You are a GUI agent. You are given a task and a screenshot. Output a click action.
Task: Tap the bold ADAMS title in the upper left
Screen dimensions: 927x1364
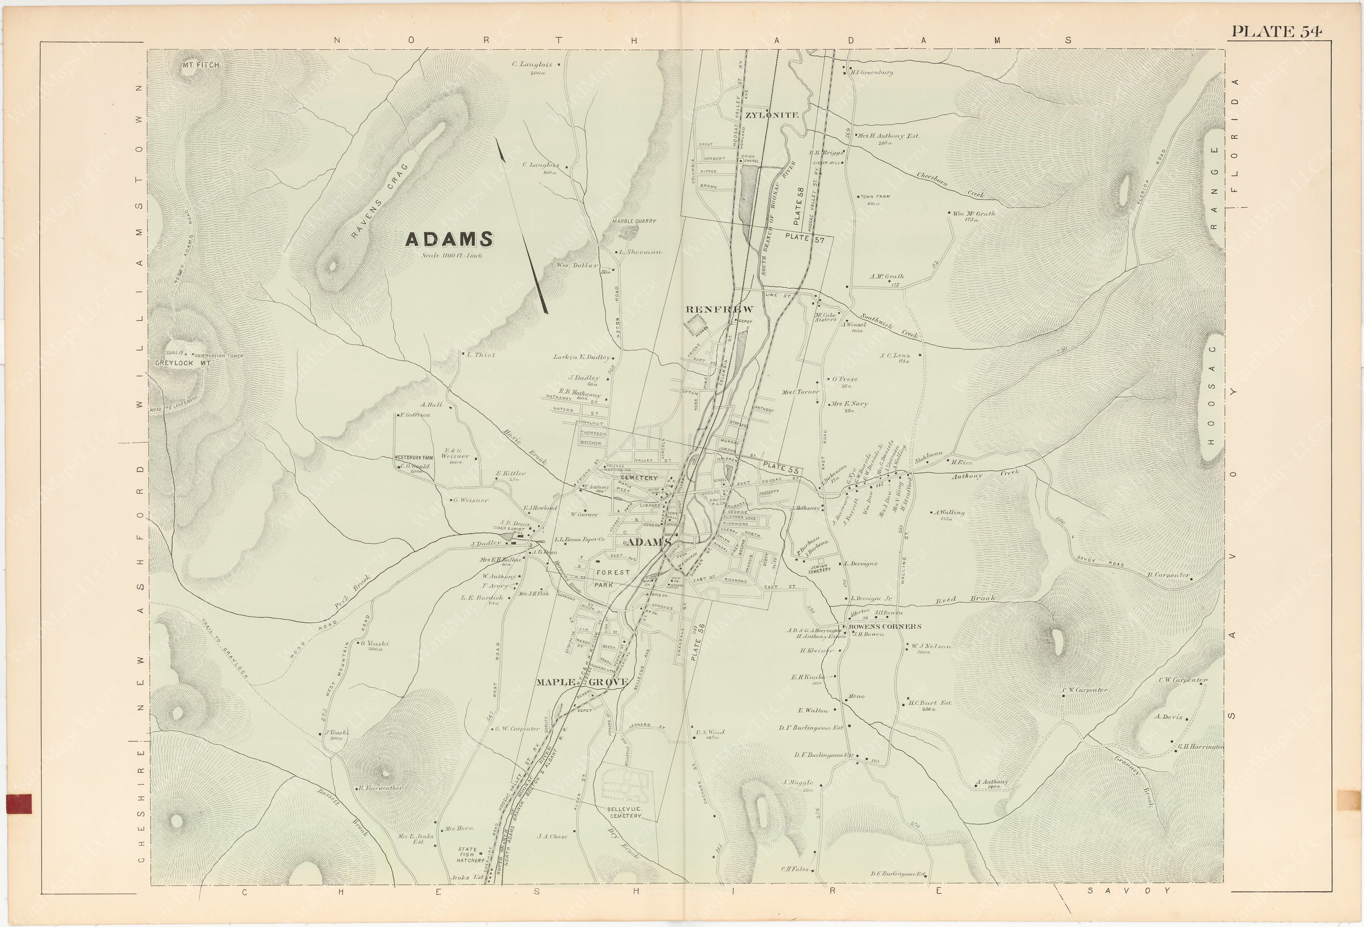click(x=449, y=239)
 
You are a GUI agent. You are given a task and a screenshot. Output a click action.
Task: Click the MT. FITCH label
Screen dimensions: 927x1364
click(x=201, y=65)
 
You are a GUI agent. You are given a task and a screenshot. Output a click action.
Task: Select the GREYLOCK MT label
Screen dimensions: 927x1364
click(x=182, y=363)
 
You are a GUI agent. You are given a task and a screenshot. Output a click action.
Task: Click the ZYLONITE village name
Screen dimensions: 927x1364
click(x=772, y=115)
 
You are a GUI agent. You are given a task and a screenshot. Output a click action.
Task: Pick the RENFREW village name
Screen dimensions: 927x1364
click(x=719, y=309)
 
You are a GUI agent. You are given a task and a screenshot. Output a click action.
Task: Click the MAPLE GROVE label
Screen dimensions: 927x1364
click(x=581, y=682)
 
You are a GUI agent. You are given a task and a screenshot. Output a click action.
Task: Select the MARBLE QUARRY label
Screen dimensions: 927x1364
click(x=634, y=221)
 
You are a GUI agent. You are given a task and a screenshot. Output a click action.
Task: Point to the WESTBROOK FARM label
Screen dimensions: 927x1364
click(x=413, y=457)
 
